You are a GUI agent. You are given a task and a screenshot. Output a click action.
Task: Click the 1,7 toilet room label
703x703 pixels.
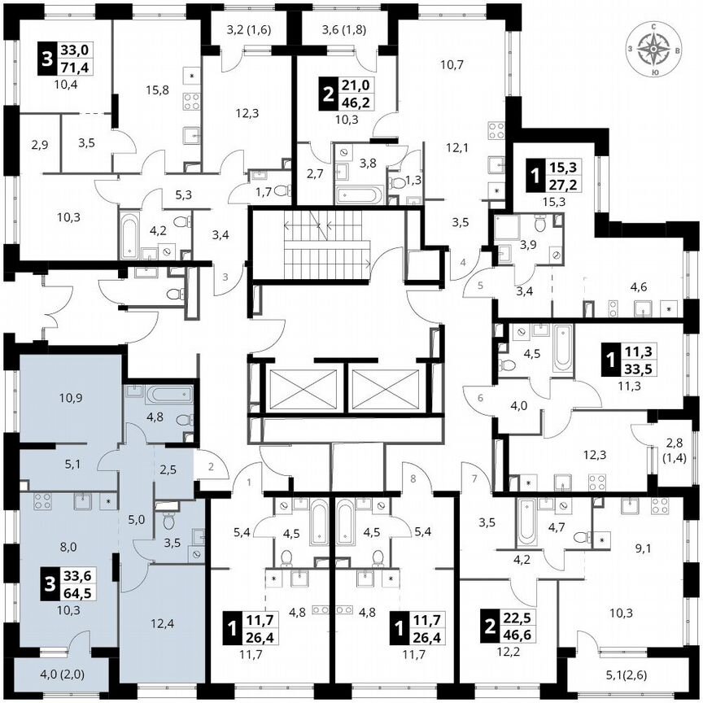pyautogui.click(x=262, y=192)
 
